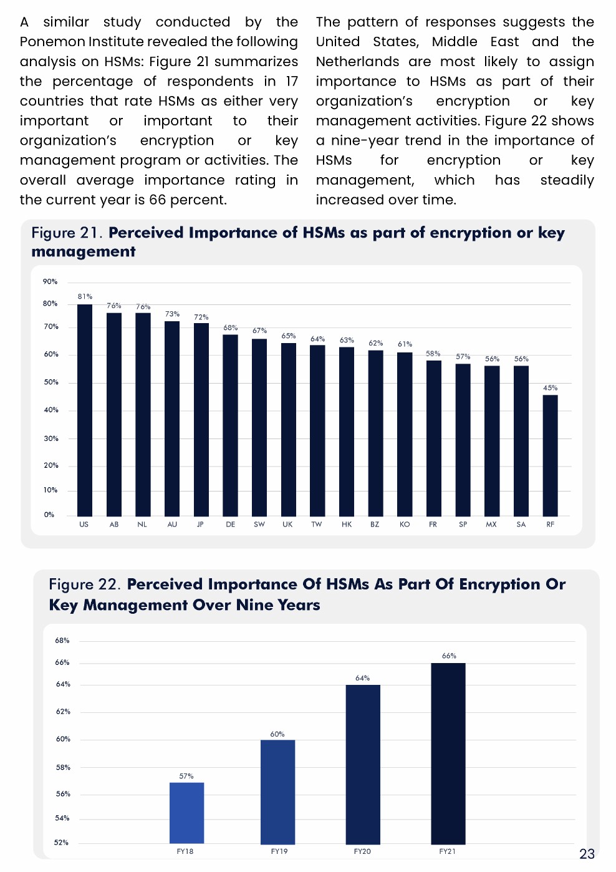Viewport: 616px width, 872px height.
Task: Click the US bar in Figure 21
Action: pyautogui.click(x=85, y=410)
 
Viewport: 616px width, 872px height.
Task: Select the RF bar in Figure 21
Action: pyautogui.click(x=550, y=455)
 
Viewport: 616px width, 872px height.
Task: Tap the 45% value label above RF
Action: pyautogui.click(x=550, y=388)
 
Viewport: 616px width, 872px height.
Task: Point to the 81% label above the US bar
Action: pyautogui.click(x=85, y=296)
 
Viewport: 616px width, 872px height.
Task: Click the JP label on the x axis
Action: pyautogui.click(x=200, y=525)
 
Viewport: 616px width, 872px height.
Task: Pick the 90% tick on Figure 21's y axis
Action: pyautogui.click(x=50, y=282)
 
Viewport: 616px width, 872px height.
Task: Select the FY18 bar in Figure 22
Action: pyautogui.click(x=186, y=813)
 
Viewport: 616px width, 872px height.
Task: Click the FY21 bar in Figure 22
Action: pyautogui.click(x=448, y=753)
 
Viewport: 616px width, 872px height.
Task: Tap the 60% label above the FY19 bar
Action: pyautogui.click(x=277, y=734)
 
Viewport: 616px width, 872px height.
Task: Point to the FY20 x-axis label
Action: pyautogui.click(x=362, y=851)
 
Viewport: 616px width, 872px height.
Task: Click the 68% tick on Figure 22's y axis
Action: pyautogui.click(x=62, y=641)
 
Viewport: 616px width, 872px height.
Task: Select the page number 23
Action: pyautogui.click(x=587, y=854)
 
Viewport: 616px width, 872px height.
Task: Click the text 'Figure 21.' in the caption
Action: pyautogui.click(x=67, y=233)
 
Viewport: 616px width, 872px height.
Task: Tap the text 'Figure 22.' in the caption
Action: pyautogui.click(x=85, y=584)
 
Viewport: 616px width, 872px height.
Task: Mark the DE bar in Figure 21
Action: pyautogui.click(x=230, y=425)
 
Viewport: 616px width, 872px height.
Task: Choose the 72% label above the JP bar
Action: pyautogui.click(x=201, y=317)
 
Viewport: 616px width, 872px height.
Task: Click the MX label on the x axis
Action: pyautogui.click(x=491, y=525)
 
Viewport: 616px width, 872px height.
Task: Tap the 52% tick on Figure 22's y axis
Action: pyautogui.click(x=61, y=843)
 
